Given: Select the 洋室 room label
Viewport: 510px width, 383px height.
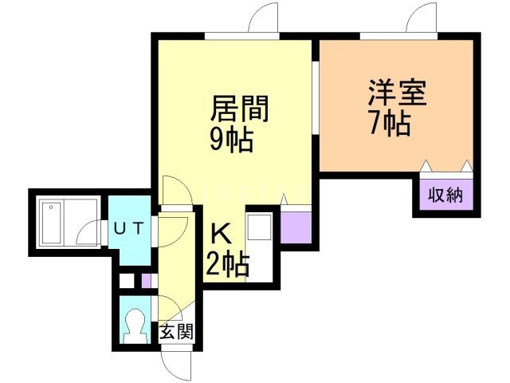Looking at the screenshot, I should [397, 93].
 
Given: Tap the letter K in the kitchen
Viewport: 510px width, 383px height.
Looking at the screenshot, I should [221, 235].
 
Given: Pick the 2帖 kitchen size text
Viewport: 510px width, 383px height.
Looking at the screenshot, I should [227, 263].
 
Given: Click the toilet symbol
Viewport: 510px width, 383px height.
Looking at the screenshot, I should [135, 325].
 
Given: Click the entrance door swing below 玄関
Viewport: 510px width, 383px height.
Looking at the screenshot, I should [175, 363].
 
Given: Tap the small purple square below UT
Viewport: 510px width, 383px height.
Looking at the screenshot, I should [146, 281].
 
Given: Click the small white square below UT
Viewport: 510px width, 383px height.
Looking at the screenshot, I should [126, 281].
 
